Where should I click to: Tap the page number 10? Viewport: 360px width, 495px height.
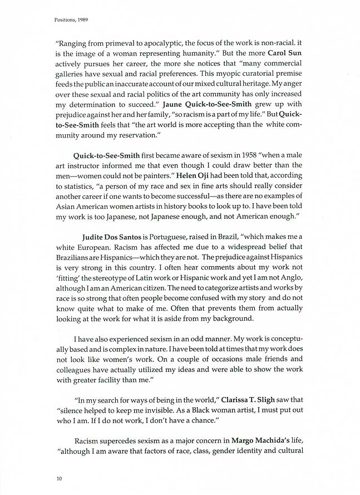pos(58,478)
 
